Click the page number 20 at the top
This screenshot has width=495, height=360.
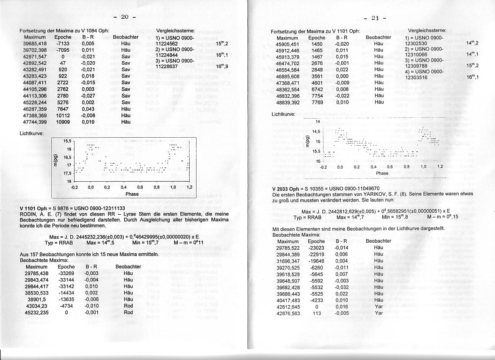point(124,17)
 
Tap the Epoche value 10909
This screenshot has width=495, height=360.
point(63,122)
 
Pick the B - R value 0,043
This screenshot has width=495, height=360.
point(88,109)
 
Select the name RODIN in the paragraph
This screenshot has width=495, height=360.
point(28,214)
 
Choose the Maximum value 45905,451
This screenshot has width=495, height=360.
point(287,44)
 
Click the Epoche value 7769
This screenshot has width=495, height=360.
point(317,102)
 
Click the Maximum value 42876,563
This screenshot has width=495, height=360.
point(288,313)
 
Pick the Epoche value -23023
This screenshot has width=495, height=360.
point(315,247)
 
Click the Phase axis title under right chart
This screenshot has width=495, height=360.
point(382,173)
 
